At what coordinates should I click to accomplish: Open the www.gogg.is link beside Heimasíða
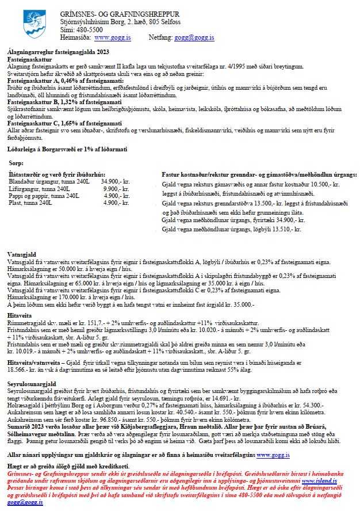112,37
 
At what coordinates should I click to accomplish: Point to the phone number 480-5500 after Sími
87,29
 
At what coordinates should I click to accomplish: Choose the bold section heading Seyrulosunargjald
31,383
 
